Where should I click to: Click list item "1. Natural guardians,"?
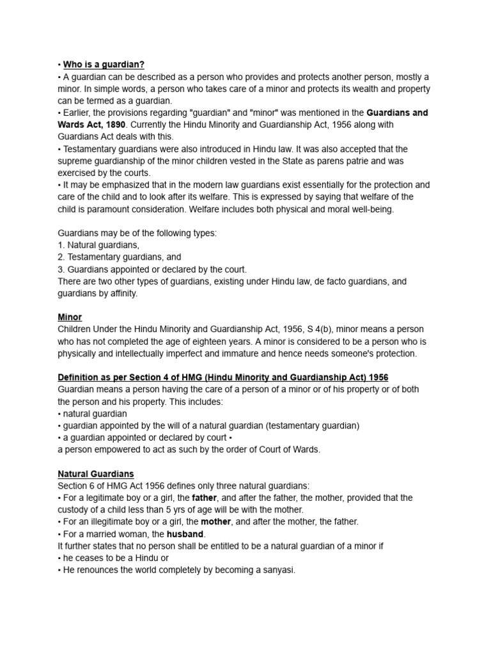pos(98,245)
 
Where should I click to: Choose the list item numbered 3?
pos(152,269)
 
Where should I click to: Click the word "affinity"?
pos(121,294)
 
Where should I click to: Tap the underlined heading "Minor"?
pos(70,317)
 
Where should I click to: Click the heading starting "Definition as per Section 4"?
pos(223,377)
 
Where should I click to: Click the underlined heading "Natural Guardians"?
pos(96,474)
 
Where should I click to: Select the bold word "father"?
pos(205,498)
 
